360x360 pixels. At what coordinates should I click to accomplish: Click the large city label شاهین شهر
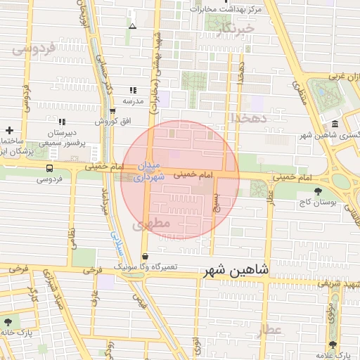click(235, 271)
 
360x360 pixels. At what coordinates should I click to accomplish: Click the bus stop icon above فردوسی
click(49, 169)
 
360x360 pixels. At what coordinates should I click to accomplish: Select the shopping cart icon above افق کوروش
click(112, 110)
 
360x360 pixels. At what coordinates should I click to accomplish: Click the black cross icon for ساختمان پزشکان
click(9, 130)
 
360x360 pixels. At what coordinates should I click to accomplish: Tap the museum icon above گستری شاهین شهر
click(334, 124)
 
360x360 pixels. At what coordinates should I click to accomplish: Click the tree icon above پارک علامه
click(333, 344)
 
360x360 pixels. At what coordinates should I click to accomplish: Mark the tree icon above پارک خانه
click(8, 321)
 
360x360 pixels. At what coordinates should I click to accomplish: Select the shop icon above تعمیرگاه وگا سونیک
click(145, 257)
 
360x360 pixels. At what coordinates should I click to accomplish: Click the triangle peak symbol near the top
click(132, 26)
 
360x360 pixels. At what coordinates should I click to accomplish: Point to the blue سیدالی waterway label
click(115, 243)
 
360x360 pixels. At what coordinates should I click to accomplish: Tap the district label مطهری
click(146, 225)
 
